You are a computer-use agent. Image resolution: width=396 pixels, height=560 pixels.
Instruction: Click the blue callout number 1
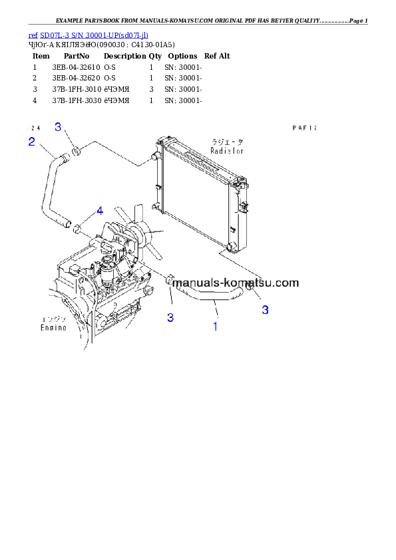pos(215,326)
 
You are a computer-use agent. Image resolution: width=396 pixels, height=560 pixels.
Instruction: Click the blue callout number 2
pos(31,141)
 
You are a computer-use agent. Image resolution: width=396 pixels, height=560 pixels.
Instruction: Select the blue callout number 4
pos(99,211)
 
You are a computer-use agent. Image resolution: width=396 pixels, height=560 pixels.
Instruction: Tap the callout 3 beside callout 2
pos(58,127)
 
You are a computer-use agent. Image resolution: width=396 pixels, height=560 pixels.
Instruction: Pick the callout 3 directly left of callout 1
pos(170,317)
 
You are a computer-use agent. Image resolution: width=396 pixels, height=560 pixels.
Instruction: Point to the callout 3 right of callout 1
pos(265,309)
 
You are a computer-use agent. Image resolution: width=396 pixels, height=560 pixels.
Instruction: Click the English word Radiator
pos(227,151)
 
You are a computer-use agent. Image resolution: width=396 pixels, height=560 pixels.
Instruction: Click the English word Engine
pos(53,328)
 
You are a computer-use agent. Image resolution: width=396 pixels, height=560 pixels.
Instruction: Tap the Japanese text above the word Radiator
pos(227,142)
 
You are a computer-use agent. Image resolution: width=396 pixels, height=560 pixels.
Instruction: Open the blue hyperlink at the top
pos(88,35)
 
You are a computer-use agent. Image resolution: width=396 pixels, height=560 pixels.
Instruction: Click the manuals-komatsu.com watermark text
pos(236,282)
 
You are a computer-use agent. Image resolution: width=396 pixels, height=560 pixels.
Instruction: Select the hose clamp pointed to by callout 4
pos(78,229)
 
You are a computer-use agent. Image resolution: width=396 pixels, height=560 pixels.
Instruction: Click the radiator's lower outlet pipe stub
pos(230,248)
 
